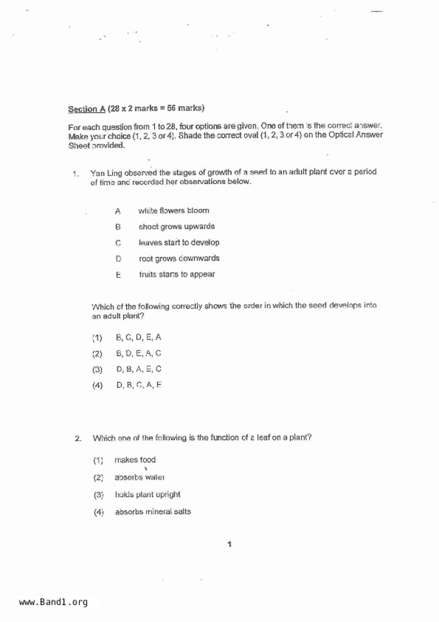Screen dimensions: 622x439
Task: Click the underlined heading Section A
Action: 86,109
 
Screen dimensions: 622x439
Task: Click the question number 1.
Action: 75,174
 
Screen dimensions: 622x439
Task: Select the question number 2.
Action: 78,439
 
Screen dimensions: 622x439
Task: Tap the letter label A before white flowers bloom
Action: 118,211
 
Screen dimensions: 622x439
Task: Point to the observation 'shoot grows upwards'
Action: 176,227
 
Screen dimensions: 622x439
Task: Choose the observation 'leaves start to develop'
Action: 179,243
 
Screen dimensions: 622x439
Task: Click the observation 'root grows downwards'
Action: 179,259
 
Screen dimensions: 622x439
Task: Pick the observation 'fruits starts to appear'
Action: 177,274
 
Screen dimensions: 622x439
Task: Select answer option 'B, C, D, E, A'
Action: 139,337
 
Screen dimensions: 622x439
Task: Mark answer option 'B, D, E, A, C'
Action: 139,354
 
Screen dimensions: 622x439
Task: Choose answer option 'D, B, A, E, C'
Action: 139,369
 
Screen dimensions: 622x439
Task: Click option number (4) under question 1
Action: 97,385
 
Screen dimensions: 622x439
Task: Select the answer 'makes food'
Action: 135,460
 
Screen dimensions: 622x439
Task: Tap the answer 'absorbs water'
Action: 139,477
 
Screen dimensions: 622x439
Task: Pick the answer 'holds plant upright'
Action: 147,494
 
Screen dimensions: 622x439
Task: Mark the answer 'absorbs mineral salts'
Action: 153,512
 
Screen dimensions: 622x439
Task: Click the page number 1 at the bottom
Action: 230,544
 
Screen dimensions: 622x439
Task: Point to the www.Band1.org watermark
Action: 53,602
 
